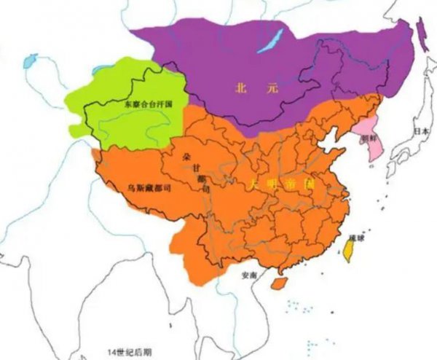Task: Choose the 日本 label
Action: coord(420,131)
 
